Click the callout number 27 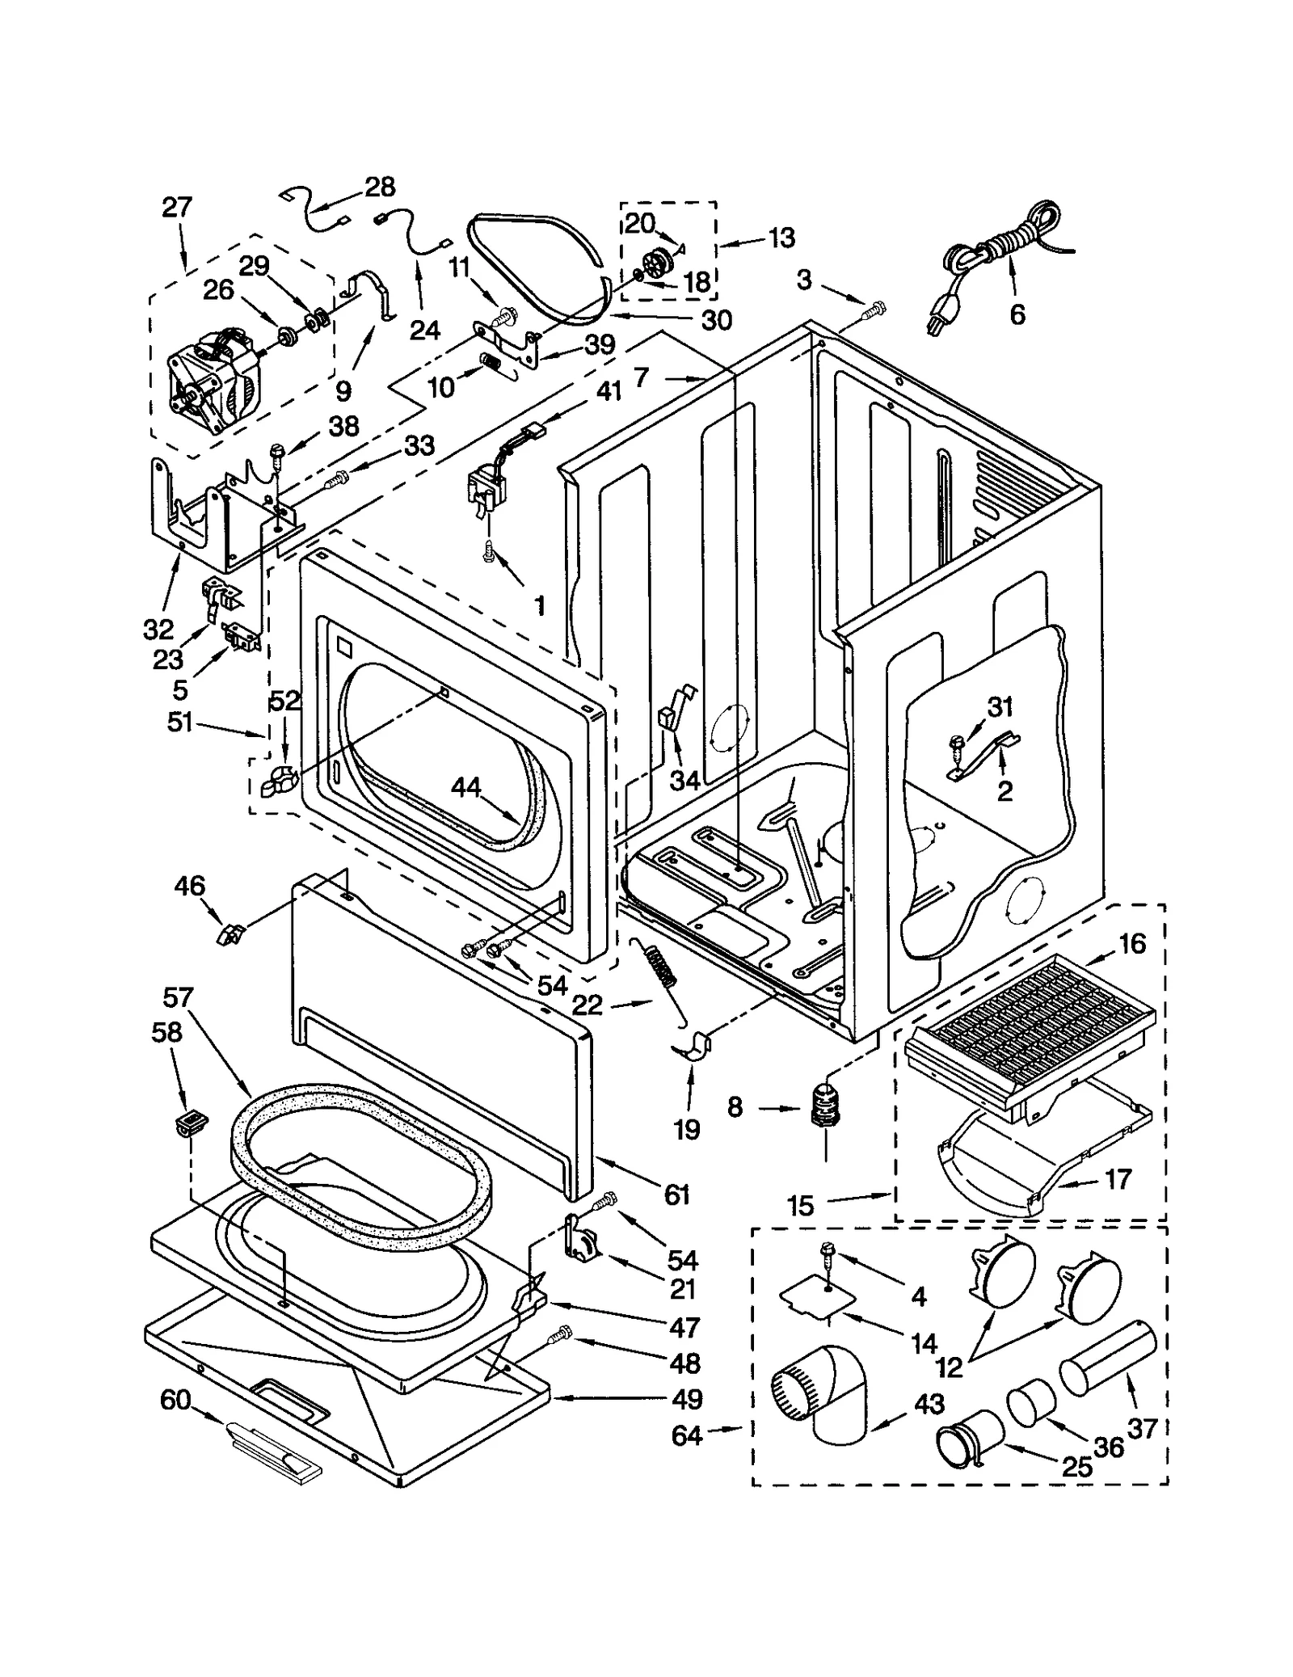(177, 208)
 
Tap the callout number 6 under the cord (1017, 314)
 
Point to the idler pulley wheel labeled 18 (659, 263)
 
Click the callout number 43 (929, 1404)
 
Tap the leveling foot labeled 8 (825, 1105)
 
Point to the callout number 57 (178, 998)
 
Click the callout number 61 (676, 1194)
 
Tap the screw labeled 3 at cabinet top (874, 308)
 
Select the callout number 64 (687, 1436)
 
